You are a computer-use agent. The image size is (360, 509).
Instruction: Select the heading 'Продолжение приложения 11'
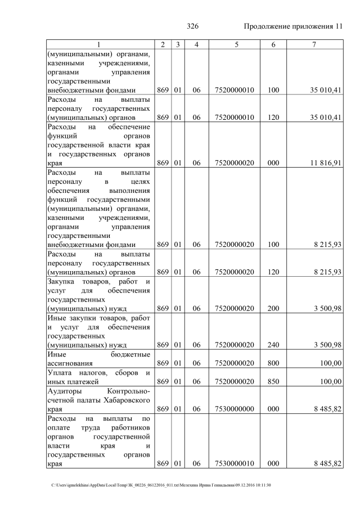tap(292, 27)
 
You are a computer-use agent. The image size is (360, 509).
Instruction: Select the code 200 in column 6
tap(273, 308)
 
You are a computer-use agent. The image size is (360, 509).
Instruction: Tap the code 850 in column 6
tap(273, 382)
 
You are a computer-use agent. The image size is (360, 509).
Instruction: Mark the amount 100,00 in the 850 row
tap(330, 382)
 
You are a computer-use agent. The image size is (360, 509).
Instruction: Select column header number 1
tap(99, 44)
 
